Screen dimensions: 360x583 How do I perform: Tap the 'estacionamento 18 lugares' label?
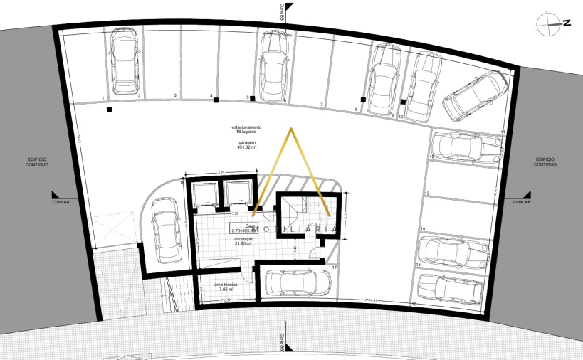point(247,129)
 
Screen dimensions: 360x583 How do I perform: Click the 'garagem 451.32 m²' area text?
point(247,145)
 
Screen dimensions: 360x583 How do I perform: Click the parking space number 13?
point(427,194)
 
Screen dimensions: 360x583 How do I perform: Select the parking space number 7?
point(322,104)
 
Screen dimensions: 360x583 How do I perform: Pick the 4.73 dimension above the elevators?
point(221,172)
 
